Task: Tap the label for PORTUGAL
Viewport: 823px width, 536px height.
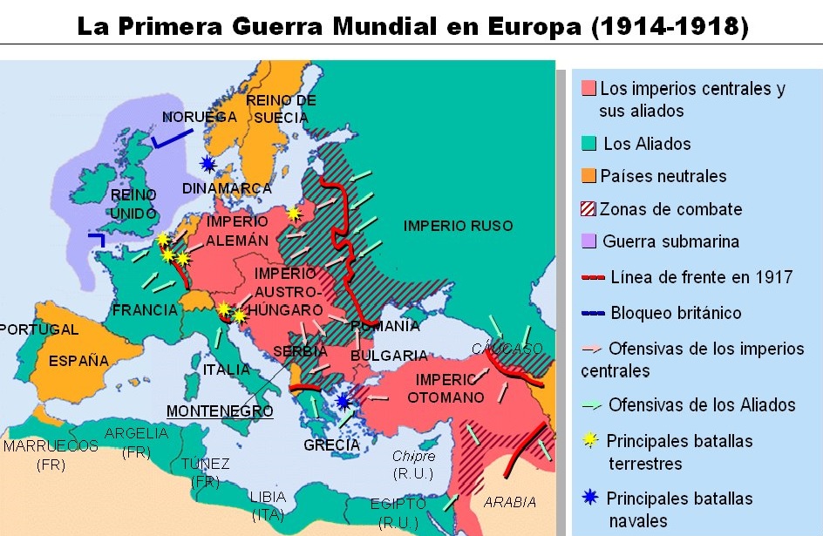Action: click(39, 330)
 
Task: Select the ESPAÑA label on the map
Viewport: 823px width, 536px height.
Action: click(78, 361)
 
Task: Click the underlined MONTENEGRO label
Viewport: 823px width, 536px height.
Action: click(220, 410)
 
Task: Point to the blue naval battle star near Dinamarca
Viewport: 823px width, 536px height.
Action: click(207, 164)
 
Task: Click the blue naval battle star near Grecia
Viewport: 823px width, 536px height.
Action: click(344, 401)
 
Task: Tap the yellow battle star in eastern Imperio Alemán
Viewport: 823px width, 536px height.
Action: click(294, 214)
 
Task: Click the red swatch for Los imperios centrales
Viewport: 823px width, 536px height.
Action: click(588, 89)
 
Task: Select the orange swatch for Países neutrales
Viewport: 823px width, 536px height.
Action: click(588, 176)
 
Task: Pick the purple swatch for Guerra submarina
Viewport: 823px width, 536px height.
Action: click(588, 241)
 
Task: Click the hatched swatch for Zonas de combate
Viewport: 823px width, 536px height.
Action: click(588, 209)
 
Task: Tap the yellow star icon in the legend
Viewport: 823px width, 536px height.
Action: click(590, 440)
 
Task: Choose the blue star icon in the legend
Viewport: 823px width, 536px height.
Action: click(590, 499)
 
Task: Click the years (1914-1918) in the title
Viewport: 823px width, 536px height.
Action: click(670, 25)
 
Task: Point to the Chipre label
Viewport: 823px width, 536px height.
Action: click(413, 457)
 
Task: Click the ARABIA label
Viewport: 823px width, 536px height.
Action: click(511, 503)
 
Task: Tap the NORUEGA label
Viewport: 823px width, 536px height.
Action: click(200, 117)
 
